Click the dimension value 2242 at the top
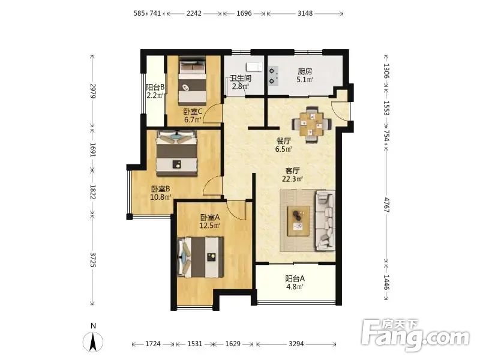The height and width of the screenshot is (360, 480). click(194, 13)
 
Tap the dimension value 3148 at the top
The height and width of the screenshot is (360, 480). click(305, 13)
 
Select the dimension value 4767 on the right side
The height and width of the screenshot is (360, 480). click(386, 205)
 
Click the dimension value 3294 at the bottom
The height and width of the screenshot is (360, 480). click(296, 344)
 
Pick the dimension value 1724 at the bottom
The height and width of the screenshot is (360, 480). click(153, 344)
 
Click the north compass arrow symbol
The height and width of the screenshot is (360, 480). click(93, 341)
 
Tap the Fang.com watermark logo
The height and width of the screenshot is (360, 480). click(415, 335)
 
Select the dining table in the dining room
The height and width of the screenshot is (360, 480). click(311, 124)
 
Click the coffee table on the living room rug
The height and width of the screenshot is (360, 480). click(298, 221)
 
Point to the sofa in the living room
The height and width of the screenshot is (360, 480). click(325, 220)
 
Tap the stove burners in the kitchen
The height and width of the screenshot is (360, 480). click(273, 76)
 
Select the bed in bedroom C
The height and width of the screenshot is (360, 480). click(192, 80)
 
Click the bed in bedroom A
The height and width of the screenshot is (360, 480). click(200, 257)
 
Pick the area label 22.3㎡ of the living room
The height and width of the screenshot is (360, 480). click(292, 179)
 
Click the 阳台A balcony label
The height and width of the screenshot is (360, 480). click(295, 278)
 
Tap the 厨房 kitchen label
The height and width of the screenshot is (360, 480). click(305, 71)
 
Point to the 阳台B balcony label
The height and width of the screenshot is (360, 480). click(155, 87)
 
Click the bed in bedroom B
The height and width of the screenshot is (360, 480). click(176, 154)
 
